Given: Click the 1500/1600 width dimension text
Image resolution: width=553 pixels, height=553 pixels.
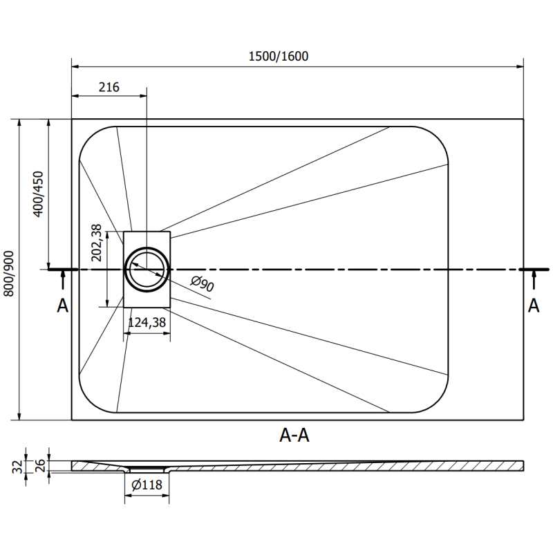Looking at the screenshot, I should [279, 57].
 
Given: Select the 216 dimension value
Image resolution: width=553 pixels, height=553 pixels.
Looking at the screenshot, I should [109, 87].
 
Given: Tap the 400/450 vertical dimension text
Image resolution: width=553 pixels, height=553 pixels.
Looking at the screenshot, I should [38, 194].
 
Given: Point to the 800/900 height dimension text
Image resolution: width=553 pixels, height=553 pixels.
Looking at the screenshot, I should [9, 274].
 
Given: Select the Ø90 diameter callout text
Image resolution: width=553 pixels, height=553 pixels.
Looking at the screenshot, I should [201, 284].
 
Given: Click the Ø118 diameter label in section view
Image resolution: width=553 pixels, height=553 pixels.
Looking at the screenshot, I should [146, 485].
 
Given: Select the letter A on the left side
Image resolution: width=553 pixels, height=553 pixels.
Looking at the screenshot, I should [62, 306].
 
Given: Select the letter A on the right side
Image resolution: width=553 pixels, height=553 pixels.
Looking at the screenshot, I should [534, 306].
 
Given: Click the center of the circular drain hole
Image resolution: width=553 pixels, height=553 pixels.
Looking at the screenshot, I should [147, 269].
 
